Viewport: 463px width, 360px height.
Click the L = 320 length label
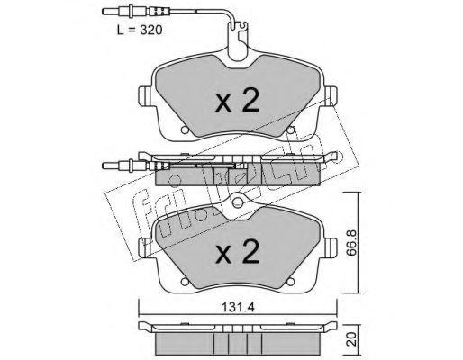click(x=140, y=30)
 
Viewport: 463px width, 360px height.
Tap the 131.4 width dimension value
click(x=238, y=307)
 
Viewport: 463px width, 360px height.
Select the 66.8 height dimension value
click(x=351, y=243)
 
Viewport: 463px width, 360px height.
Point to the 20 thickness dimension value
click(x=351, y=338)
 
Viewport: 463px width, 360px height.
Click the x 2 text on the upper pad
click(x=237, y=101)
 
